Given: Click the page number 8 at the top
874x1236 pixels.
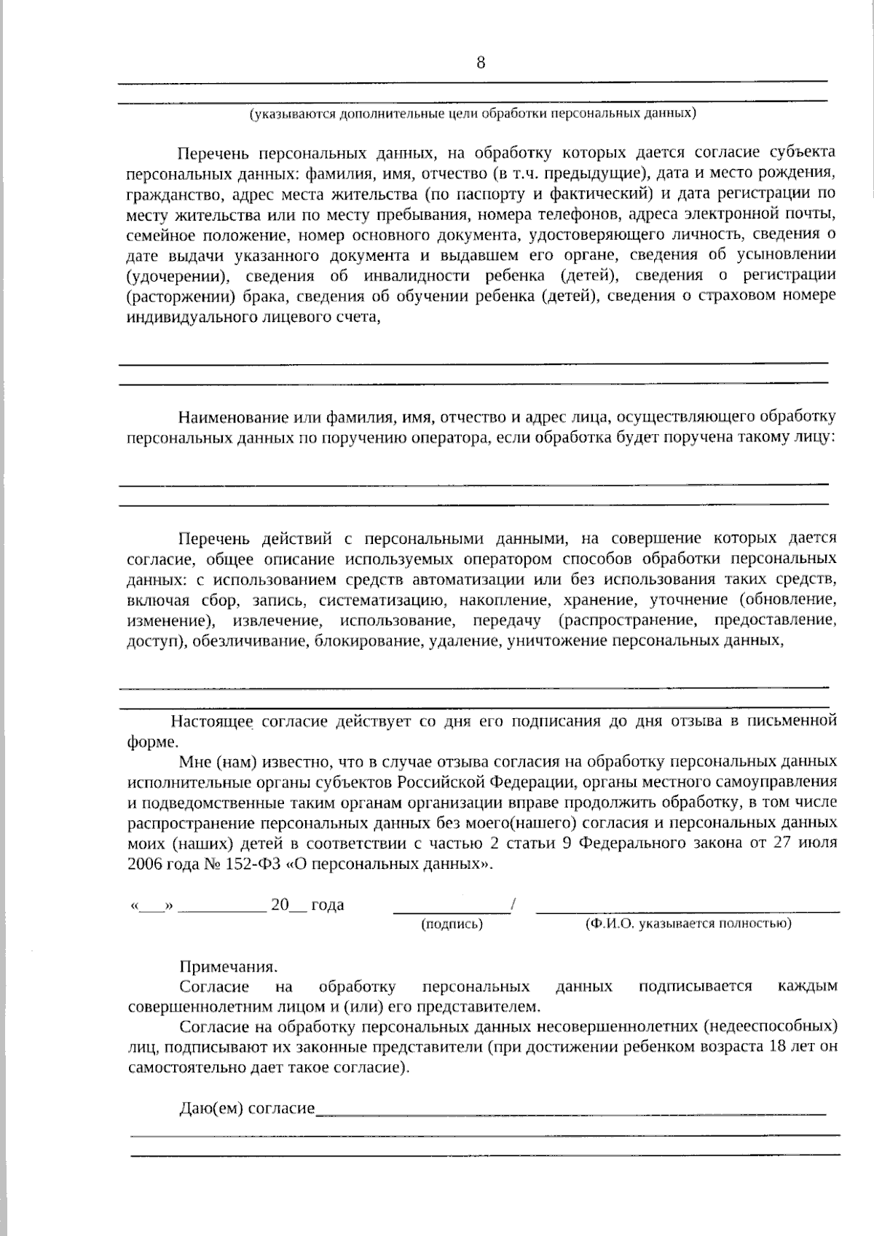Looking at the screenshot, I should [x=481, y=63].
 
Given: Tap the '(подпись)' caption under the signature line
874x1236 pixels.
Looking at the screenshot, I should [x=452, y=924].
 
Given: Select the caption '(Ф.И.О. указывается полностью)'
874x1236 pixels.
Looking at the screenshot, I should [x=688, y=924].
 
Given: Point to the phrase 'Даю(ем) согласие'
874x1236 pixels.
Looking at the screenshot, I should [x=247, y=1109].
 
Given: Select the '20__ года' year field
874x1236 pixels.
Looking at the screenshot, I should [x=307, y=905].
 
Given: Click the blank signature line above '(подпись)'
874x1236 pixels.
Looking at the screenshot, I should [x=452, y=908].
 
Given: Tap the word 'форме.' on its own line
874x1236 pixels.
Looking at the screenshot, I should [x=151, y=742].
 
